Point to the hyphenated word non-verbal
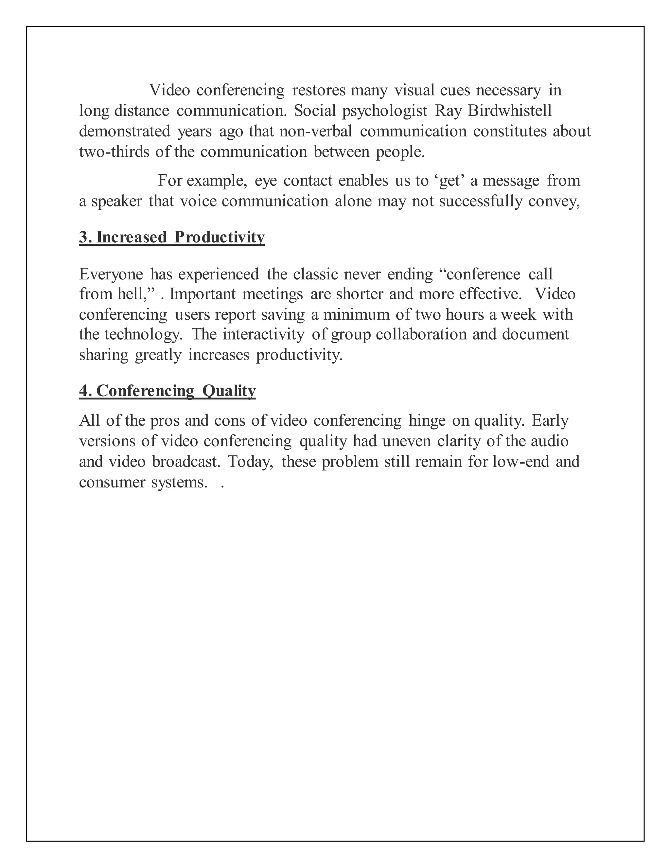[316, 132]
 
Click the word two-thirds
[114, 152]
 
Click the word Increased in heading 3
[132, 238]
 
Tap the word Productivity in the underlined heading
[220, 238]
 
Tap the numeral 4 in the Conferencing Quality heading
[83, 391]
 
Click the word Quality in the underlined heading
[229, 391]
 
